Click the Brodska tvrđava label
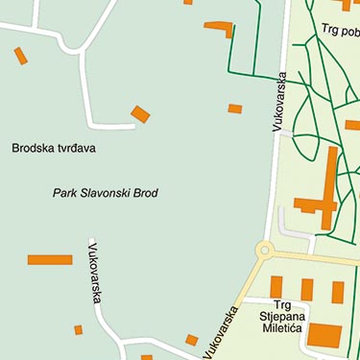[x=54, y=148]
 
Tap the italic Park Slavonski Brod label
[x=105, y=193]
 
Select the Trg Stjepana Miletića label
[x=281, y=321]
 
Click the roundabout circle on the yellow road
[x=264, y=252]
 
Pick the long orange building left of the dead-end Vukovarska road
[x=50, y=259]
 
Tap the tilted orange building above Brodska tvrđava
[x=140, y=114]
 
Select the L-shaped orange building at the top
[x=220, y=27]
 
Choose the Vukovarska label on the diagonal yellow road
[x=221, y=331]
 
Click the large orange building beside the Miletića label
[x=324, y=335]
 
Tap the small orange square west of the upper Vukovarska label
[x=235, y=108]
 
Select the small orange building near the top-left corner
[x=20, y=56]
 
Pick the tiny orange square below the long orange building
[x=79, y=329]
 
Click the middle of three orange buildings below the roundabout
[x=307, y=289]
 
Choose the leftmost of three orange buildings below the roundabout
[x=276, y=286]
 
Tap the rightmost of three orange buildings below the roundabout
[x=338, y=292]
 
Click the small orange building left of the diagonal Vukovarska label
[x=191, y=339]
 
